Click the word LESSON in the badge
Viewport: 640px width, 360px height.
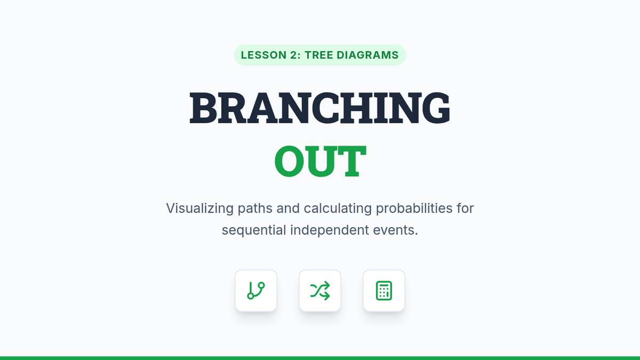(x=263, y=55)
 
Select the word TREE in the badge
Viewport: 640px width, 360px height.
(x=318, y=55)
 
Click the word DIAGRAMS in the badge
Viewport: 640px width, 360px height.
(x=367, y=55)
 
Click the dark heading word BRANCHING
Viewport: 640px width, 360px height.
(x=320, y=108)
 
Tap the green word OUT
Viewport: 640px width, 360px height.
(x=320, y=161)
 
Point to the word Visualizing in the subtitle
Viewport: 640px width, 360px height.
(x=199, y=209)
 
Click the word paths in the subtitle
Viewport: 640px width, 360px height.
(x=255, y=209)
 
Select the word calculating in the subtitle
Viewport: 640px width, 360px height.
(x=338, y=209)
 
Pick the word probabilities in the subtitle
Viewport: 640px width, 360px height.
(x=414, y=209)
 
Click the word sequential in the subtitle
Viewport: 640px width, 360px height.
(x=254, y=230)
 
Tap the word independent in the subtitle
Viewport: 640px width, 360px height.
(x=330, y=230)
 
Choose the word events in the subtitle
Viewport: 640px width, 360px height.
(x=394, y=230)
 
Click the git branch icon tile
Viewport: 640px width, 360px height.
(x=256, y=291)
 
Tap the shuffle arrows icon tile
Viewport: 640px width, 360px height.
(x=320, y=291)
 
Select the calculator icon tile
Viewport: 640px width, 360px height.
(x=384, y=291)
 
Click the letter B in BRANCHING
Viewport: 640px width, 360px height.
(x=203, y=108)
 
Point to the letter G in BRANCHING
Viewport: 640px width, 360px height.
(x=436, y=108)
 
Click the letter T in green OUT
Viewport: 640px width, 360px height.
(x=351, y=161)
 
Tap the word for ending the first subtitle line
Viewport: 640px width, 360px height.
(x=466, y=209)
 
